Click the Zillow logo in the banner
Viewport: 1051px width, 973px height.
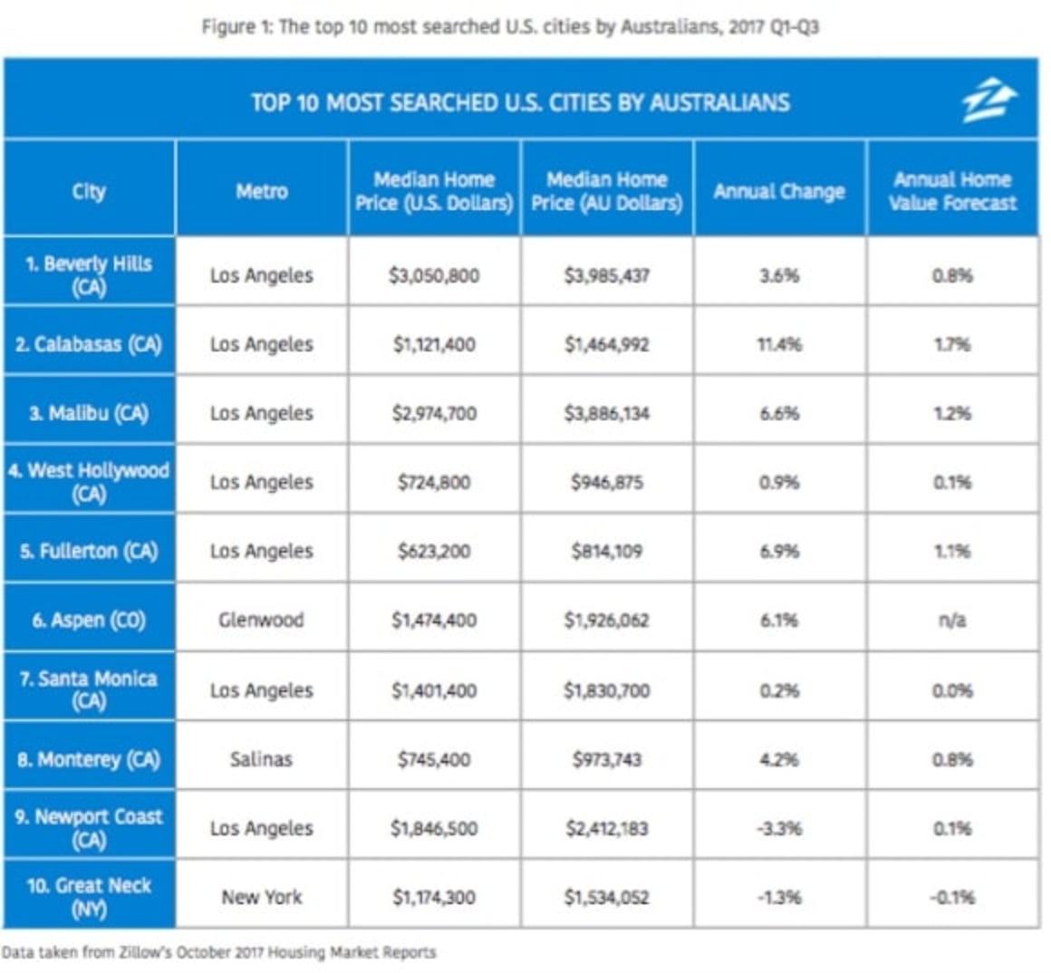988,101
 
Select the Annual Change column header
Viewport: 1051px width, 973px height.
779,191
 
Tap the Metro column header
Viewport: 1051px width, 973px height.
262,191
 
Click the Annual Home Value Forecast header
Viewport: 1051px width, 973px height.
952,191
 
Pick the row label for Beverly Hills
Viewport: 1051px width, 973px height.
89,275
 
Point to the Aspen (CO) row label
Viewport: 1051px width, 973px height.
89,621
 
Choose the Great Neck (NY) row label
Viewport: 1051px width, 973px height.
89,897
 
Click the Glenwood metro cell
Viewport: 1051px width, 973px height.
261,621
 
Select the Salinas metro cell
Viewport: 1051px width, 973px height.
261,759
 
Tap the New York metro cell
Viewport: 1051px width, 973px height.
261,897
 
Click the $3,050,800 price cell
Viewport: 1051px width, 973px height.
434,275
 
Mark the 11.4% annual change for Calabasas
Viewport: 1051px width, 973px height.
779,344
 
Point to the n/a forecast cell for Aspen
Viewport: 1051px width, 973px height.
952,621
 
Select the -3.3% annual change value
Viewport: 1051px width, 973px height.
779,828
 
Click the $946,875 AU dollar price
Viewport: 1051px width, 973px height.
606,482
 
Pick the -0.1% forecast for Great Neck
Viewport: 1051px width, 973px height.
952,897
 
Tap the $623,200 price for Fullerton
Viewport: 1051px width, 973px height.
434,551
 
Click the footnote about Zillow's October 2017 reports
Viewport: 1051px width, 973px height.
218,952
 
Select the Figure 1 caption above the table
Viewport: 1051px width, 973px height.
510,26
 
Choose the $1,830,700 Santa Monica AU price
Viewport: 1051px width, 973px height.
606,690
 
